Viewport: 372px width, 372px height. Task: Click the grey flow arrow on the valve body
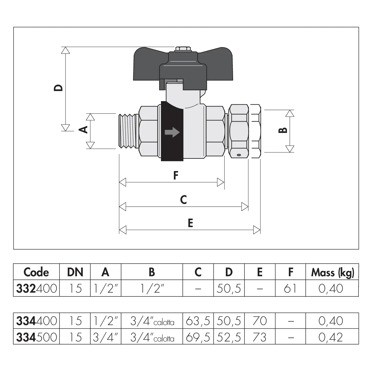click(x=172, y=132)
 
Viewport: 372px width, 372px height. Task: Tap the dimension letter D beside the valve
click(x=58, y=88)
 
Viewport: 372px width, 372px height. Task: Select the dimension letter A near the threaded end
click(x=83, y=129)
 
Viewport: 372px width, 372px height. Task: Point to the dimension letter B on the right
click(x=283, y=130)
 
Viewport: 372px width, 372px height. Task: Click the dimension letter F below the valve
click(x=175, y=175)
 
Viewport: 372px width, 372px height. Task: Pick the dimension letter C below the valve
click(x=183, y=199)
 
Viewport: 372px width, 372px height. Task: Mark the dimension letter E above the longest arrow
click(x=190, y=223)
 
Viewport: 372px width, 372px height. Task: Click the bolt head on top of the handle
click(x=183, y=49)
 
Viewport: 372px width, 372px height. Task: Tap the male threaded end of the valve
click(x=128, y=131)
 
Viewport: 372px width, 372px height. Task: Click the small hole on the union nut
click(x=239, y=155)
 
